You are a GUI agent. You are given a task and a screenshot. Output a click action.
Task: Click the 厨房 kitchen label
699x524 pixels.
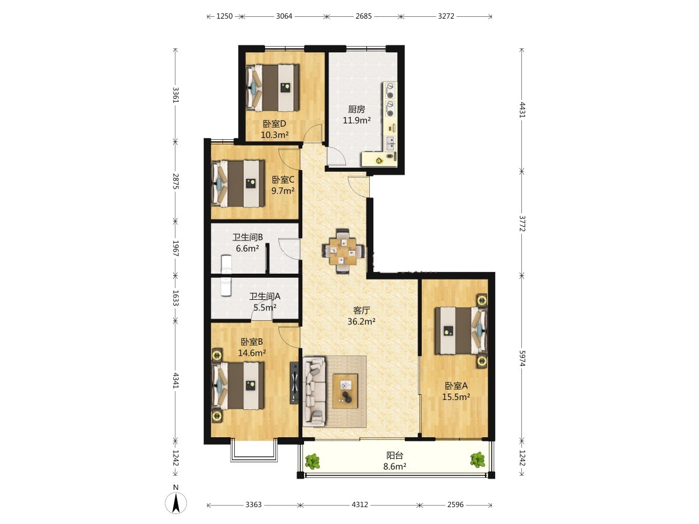click(x=356, y=109)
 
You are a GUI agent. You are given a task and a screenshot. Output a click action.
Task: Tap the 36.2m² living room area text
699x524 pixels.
click(x=361, y=321)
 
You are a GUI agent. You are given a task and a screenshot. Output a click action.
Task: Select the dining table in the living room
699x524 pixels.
click(x=343, y=251)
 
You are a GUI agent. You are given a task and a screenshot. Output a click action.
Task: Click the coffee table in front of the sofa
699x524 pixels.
click(x=345, y=391)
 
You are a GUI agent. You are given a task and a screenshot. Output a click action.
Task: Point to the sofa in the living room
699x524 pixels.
click(x=315, y=391)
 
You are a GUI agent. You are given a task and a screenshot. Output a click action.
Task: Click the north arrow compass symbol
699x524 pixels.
click(x=176, y=503)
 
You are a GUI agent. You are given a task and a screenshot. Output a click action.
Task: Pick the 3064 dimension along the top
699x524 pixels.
click(x=284, y=16)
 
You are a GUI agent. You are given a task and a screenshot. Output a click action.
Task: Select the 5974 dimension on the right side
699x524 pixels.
click(x=521, y=358)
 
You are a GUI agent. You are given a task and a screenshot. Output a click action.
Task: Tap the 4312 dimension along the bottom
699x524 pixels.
click(x=360, y=505)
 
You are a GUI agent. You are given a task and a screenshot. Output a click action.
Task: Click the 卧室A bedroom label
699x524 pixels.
click(x=456, y=386)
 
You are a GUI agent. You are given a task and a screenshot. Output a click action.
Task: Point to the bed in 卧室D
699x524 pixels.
click(x=273, y=88)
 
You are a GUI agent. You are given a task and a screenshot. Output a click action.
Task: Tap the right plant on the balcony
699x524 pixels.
click(x=478, y=460)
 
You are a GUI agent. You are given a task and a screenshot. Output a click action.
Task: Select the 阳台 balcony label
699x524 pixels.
click(x=394, y=455)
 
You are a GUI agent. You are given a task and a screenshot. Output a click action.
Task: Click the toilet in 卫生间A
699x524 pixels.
click(x=225, y=286)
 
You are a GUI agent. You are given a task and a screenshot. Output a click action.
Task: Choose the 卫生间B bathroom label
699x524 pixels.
click(x=248, y=238)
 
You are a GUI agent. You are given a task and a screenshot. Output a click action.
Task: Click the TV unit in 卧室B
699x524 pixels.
click(x=295, y=383)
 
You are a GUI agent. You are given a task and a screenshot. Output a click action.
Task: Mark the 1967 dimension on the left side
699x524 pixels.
click(x=175, y=248)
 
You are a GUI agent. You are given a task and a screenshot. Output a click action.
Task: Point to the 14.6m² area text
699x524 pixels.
click(x=252, y=353)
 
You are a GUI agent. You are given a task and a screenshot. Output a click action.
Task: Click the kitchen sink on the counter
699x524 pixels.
click(x=390, y=143)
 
